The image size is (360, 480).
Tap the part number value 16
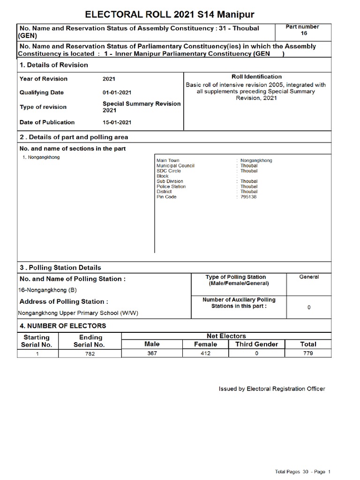click(x=304, y=34)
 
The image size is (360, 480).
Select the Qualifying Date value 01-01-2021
click(x=117, y=93)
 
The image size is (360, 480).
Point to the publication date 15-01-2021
click(x=117, y=122)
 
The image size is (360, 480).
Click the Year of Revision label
click(x=44, y=79)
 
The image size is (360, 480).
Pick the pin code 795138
click(x=248, y=197)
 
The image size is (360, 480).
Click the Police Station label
click(x=171, y=187)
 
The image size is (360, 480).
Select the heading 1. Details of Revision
click(x=54, y=65)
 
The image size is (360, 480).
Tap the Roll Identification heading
click(x=257, y=76)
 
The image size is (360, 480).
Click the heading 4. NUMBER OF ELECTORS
click(x=63, y=326)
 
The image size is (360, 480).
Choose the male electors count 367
click(x=152, y=353)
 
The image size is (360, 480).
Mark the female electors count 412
click(x=205, y=353)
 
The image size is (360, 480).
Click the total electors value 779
click(x=308, y=353)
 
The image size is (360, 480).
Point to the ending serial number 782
click(x=90, y=354)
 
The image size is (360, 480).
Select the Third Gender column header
click(x=256, y=344)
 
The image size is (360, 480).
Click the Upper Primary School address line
click(x=78, y=313)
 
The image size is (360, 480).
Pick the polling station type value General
click(x=309, y=277)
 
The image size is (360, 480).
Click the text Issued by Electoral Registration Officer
click(x=272, y=389)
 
